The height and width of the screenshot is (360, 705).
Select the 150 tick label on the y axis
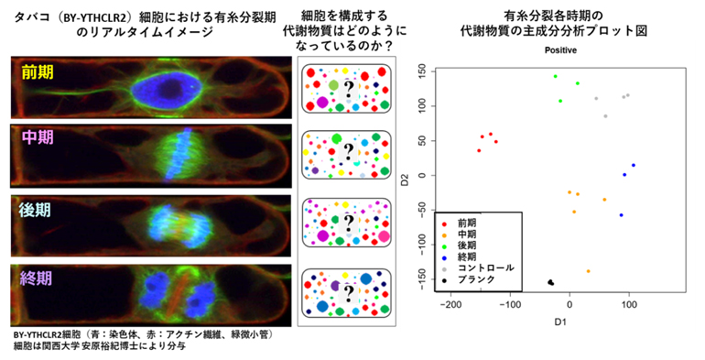click(421, 70)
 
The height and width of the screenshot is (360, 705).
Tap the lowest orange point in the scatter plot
click(588, 271)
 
